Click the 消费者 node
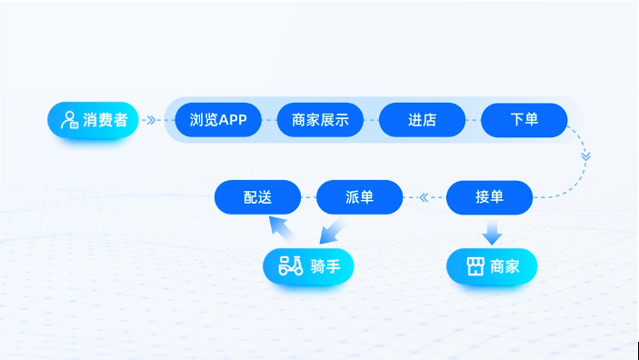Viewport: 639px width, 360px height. (93, 120)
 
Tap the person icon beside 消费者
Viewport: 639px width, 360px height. (68, 120)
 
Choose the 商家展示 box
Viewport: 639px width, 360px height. (320, 120)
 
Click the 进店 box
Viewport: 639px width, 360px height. (422, 120)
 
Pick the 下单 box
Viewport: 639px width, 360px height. (524, 120)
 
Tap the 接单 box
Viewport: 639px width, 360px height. (489, 197)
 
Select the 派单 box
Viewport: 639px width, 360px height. (359, 197)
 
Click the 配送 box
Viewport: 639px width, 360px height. (257, 197)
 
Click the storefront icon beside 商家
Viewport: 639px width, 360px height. (474, 266)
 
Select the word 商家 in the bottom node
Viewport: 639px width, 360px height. (504, 266)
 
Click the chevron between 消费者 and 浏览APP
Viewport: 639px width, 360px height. (151, 120)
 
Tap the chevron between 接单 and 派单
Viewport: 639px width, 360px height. (424, 197)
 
